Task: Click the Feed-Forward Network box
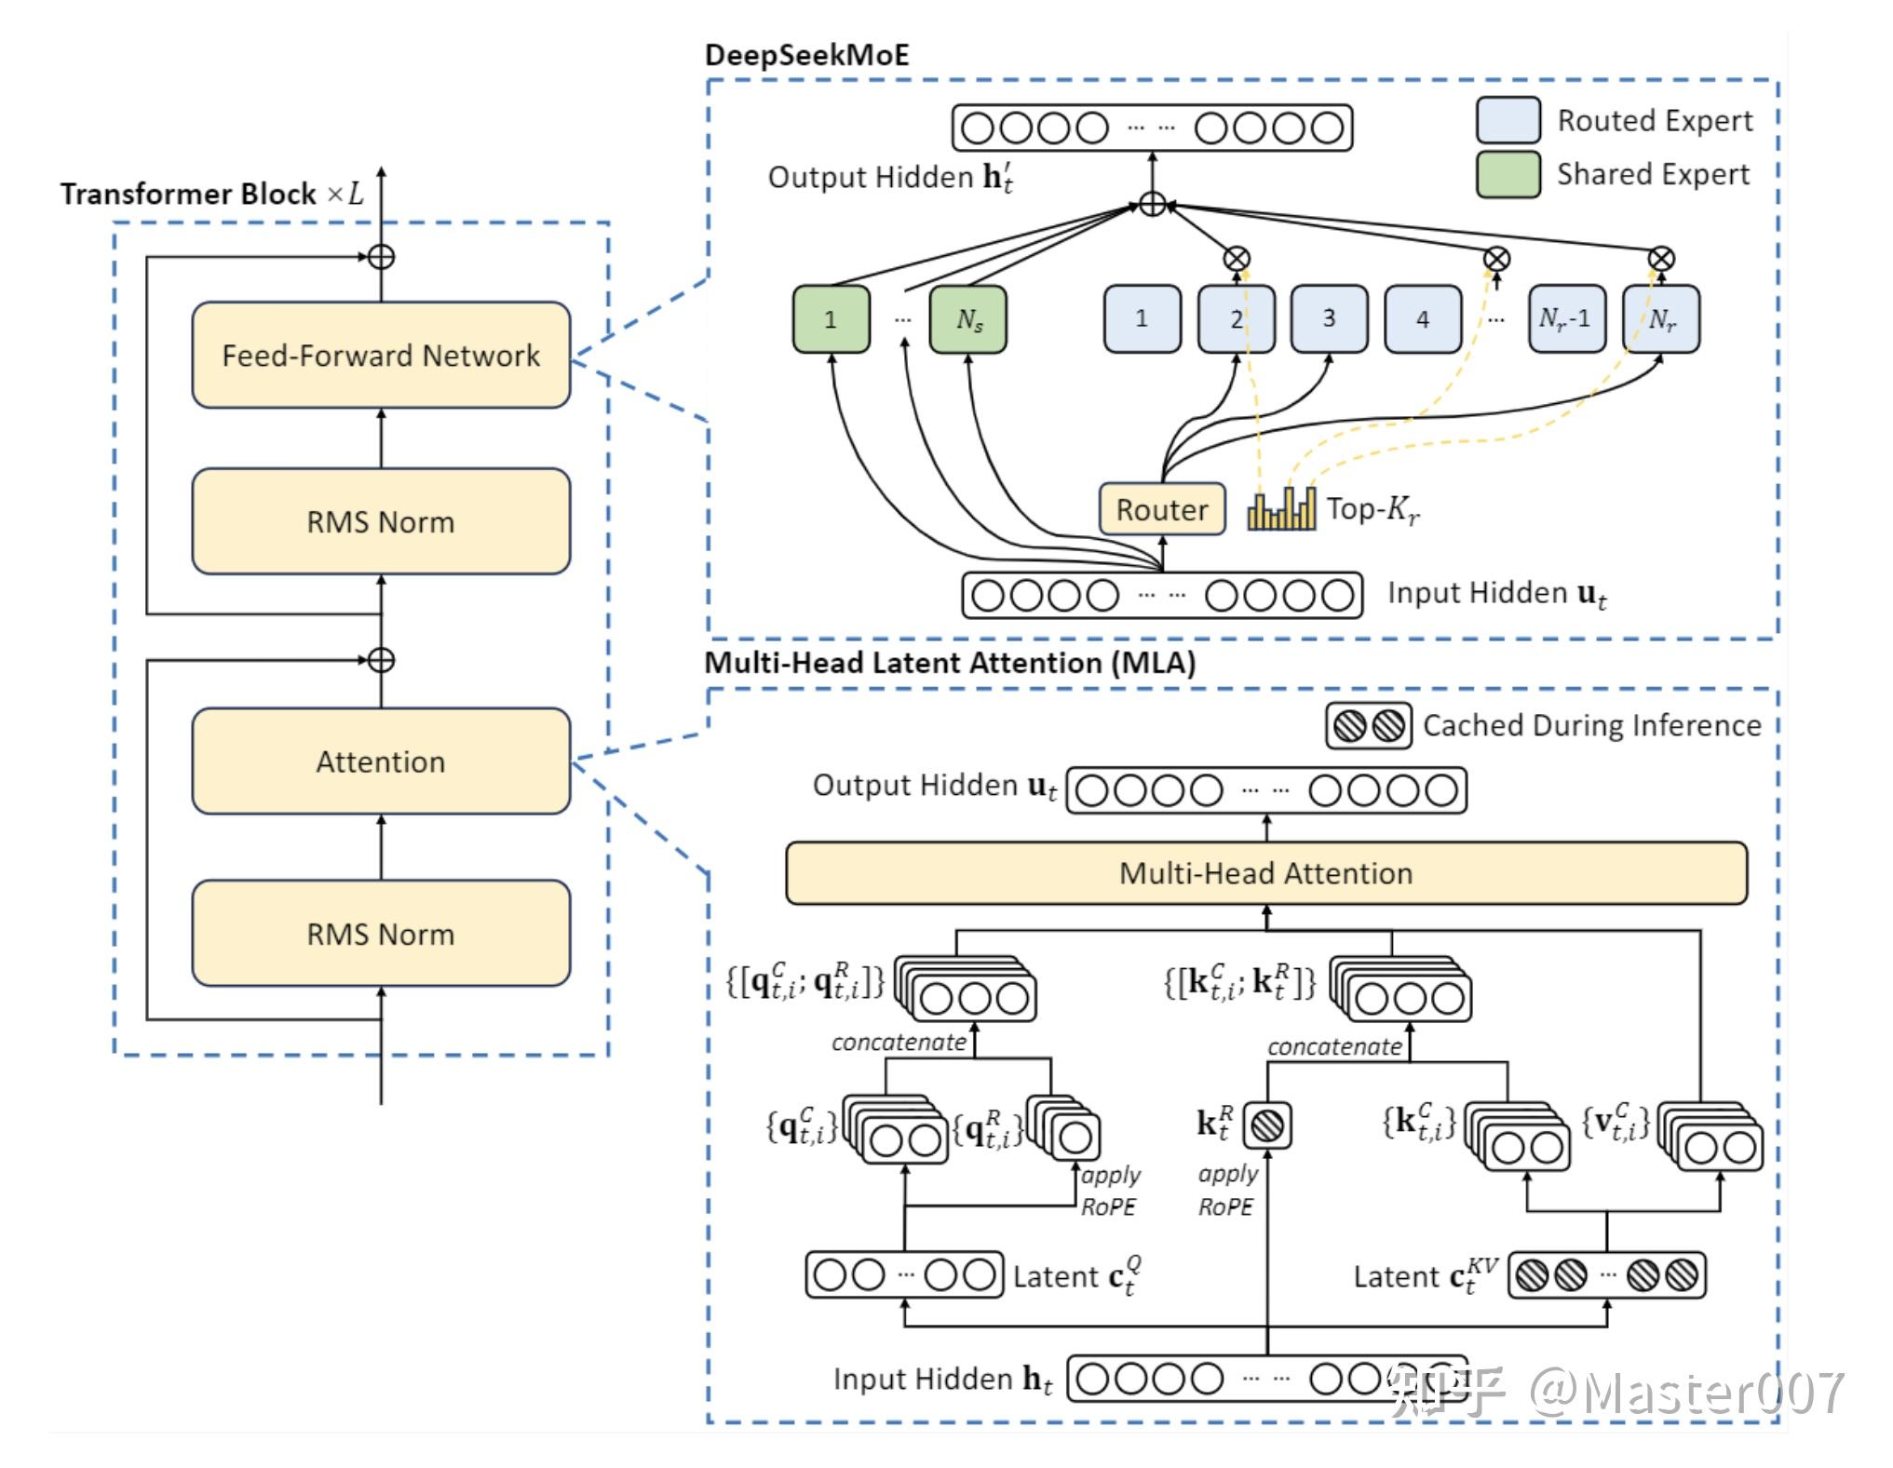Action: tap(381, 355)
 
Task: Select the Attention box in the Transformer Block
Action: tap(381, 761)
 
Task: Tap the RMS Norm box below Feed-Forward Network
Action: tap(381, 521)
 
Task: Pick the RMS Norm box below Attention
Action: tap(381, 934)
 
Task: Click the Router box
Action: tap(1162, 509)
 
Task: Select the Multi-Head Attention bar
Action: tap(1266, 873)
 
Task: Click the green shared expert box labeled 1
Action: tap(831, 319)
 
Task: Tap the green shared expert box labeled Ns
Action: tap(968, 319)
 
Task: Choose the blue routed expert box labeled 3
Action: tap(1329, 319)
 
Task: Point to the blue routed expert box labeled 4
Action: tap(1423, 319)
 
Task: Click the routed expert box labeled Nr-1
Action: tap(1566, 319)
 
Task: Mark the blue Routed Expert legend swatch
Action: tap(1508, 120)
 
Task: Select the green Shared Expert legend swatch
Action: tap(1508, 174)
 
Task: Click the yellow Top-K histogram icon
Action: tap(1281, 509)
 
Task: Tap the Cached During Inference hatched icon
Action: tap(1368, 726)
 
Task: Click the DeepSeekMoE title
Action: tap(806, 55)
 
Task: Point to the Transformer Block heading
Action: tap(212, 194)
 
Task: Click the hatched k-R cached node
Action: tap(1266, 1125)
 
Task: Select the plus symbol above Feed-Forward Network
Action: tap(381, 257)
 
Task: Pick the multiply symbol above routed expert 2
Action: tap(1237, 260)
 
